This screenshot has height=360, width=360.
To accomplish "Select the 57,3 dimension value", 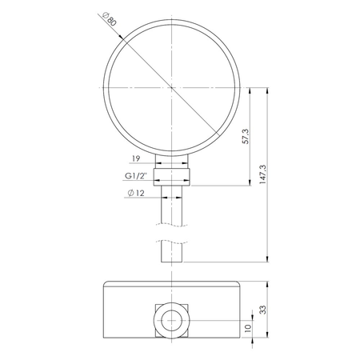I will coord(244,137).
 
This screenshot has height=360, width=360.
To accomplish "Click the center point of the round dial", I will coord(173,88).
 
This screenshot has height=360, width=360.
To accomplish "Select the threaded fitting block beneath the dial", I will coord(173,175).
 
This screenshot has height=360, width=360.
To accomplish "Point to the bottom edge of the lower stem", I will coord(173,261).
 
